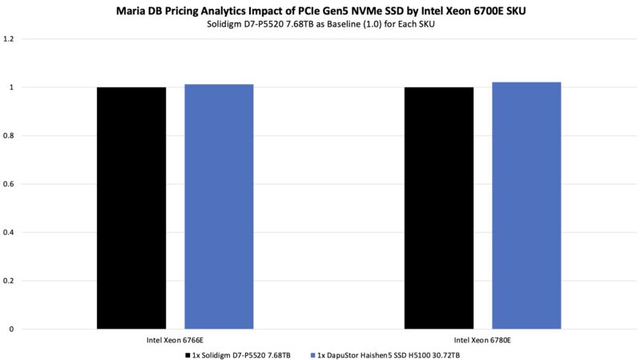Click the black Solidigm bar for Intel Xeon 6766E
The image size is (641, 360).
pos(131,208)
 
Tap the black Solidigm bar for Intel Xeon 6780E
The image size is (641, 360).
pos(438,208)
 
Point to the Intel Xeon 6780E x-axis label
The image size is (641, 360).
pos(482,340)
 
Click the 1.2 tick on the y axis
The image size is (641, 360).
pos(10,38)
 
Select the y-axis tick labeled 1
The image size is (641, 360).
pos(13,87)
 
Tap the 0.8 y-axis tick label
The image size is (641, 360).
pos(10,136)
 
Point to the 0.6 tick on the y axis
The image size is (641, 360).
pos(10,184)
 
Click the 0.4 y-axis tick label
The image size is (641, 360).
pos(10,233)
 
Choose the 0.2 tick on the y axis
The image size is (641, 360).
pos(10,281)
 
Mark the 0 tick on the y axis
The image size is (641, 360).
pos(13,329)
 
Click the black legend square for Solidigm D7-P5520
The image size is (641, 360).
pos(187,354)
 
